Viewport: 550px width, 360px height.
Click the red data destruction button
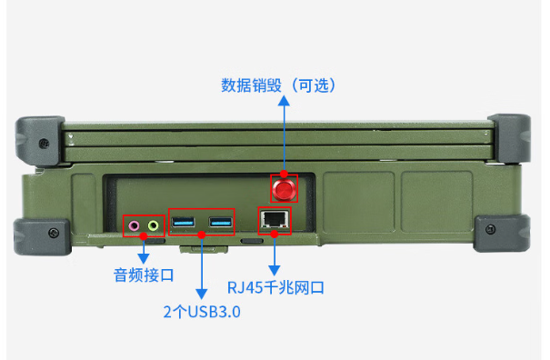285,189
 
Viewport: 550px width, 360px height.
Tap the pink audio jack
135,225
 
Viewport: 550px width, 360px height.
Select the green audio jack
154,225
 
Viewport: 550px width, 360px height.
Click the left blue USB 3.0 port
184,223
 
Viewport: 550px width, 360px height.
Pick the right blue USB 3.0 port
221,223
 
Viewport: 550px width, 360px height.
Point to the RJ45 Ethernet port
274,220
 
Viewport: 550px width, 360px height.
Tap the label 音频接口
144,274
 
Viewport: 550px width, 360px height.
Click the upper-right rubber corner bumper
510,137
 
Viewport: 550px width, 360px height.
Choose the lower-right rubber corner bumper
504,235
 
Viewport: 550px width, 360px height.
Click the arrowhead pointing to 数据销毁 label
284,102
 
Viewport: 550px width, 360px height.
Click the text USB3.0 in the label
218,312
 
